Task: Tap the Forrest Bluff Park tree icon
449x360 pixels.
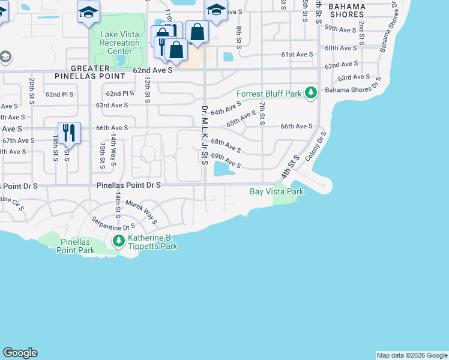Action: (311, 93)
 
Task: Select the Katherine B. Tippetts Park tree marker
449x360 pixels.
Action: (119, 241)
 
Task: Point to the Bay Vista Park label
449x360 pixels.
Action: (277, 191)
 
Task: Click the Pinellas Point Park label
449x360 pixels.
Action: (76, 245)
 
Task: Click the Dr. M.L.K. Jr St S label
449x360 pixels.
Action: (204, 135)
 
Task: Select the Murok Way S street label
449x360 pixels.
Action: (141, 212)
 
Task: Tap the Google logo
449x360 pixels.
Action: (20, 353)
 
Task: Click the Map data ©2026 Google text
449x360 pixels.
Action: (411, 355)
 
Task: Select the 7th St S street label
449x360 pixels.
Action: (262, 114)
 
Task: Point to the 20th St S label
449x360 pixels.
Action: (32, 90)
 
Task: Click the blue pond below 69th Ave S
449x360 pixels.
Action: (223, 170)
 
